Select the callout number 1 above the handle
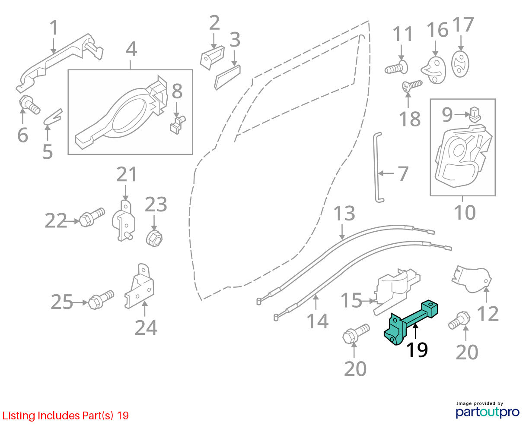pos(54,28)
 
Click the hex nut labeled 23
pos(154,238)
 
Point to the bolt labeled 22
pos(92,217)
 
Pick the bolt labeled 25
pos(101,300)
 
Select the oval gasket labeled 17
pos(460,64)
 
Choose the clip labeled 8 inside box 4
pos(177,125)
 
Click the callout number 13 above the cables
pos(344,213)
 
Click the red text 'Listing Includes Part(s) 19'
pos(66,415)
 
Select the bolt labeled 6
pos(29,105)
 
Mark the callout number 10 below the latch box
pos(465,213)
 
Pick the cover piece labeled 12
pos(472,280)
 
